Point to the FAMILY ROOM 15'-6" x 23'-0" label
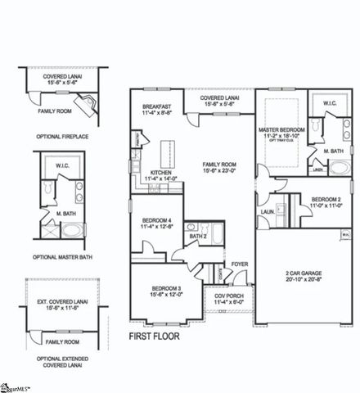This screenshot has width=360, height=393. point(220,167)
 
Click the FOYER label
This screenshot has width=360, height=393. point(239,264)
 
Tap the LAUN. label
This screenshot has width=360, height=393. point(267,211)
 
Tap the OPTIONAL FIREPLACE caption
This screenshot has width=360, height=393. point(61,136)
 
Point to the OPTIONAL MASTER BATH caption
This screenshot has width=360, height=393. point(61,257)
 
